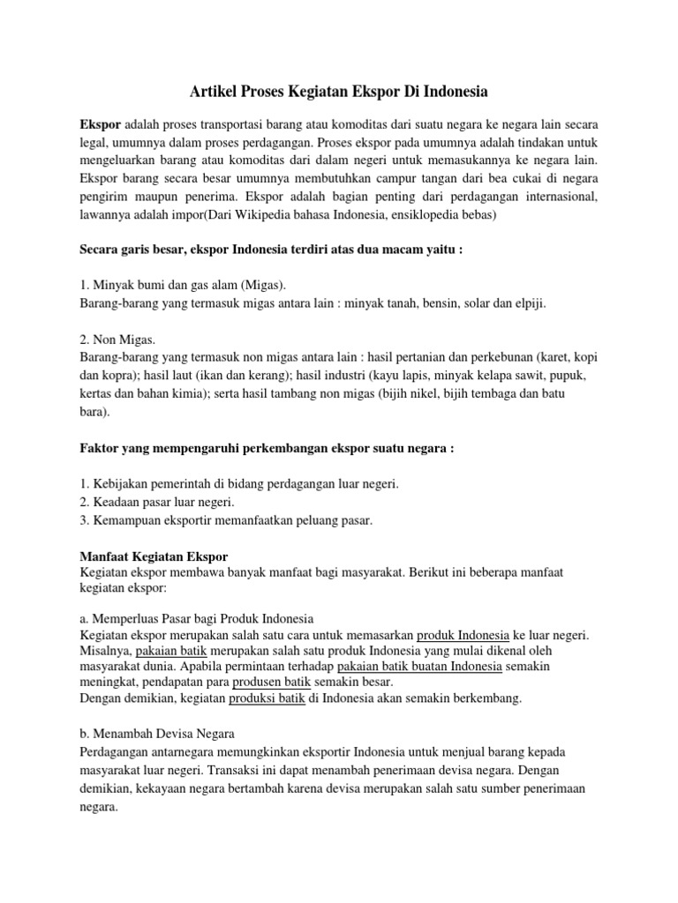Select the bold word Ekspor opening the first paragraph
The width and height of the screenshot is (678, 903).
[101, 123]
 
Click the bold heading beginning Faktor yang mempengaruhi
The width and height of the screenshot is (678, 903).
[267, 449]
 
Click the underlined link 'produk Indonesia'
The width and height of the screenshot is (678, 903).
[463, 635]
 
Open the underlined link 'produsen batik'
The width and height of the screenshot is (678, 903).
[271, 682]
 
